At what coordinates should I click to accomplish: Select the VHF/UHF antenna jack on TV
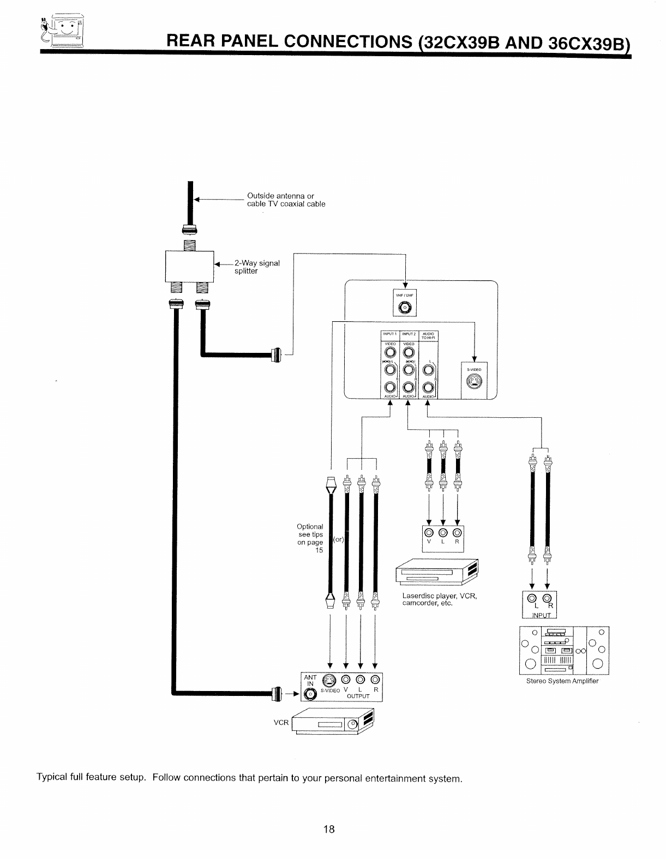[x=404, y=309]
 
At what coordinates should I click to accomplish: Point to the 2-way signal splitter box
[x=189, y=265]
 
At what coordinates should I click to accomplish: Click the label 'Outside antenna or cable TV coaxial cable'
[x=286, y=200]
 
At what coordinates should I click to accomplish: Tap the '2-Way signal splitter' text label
[x=257, y=267]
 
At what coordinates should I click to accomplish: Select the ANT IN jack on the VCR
[x=311, y=694]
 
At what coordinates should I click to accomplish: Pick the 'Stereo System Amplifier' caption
[x=562, y=681]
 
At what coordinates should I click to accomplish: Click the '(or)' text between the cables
[x=339, y=539]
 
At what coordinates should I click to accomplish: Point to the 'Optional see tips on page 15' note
[x=310, y=538]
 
